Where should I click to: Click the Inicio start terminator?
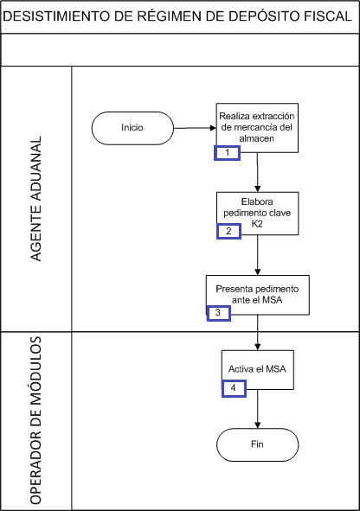click(132, 128)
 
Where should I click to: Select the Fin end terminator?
click(258, 444)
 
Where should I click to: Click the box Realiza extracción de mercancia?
click(257, 128)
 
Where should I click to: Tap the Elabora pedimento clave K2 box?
click(258, 214)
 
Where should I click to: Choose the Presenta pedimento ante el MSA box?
click(258, 295)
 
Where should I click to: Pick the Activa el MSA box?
click(258, 370)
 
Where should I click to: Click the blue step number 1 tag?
click(228, 153)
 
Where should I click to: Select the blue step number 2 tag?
click(228, 232)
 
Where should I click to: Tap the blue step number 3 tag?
click(218, 313)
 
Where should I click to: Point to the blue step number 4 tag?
click(234, 388)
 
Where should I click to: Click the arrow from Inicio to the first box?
click(195, 128)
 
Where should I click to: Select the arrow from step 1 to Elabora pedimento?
click(258, 172)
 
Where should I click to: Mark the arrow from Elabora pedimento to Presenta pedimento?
click(258, 255)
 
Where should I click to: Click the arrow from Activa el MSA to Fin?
click(258, 409)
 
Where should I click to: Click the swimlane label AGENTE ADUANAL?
click(36, 199)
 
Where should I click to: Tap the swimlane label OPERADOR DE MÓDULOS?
click(35, 420)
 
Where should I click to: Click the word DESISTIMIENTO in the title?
click(56, 16)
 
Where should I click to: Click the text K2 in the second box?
click(257, 224)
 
